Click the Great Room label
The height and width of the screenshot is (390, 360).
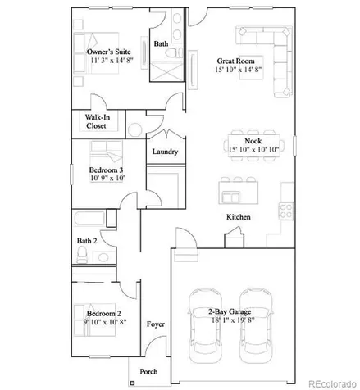235,61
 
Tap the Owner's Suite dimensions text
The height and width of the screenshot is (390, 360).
112,60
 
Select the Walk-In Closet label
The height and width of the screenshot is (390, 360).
97,121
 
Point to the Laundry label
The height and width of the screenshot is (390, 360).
165,152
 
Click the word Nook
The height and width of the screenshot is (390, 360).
253,141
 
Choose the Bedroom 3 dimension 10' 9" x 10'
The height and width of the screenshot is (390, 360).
107,178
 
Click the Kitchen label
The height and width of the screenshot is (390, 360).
239,217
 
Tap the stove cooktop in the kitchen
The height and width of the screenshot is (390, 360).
286,211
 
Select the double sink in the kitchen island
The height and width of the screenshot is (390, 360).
231,197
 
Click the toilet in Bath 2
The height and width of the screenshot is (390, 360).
82,255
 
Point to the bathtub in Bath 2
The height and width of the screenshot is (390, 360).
89,219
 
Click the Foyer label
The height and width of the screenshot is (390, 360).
156,324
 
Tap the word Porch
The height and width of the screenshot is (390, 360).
148,372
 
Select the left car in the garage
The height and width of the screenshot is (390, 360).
205,326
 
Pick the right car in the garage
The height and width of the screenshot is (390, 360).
256,326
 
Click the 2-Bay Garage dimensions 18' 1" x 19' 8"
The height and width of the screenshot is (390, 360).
233,320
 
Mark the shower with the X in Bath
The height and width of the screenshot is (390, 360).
167,71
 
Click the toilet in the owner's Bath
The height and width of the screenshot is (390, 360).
174,52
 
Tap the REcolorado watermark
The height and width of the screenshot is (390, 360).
332,383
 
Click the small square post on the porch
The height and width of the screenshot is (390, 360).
132,383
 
